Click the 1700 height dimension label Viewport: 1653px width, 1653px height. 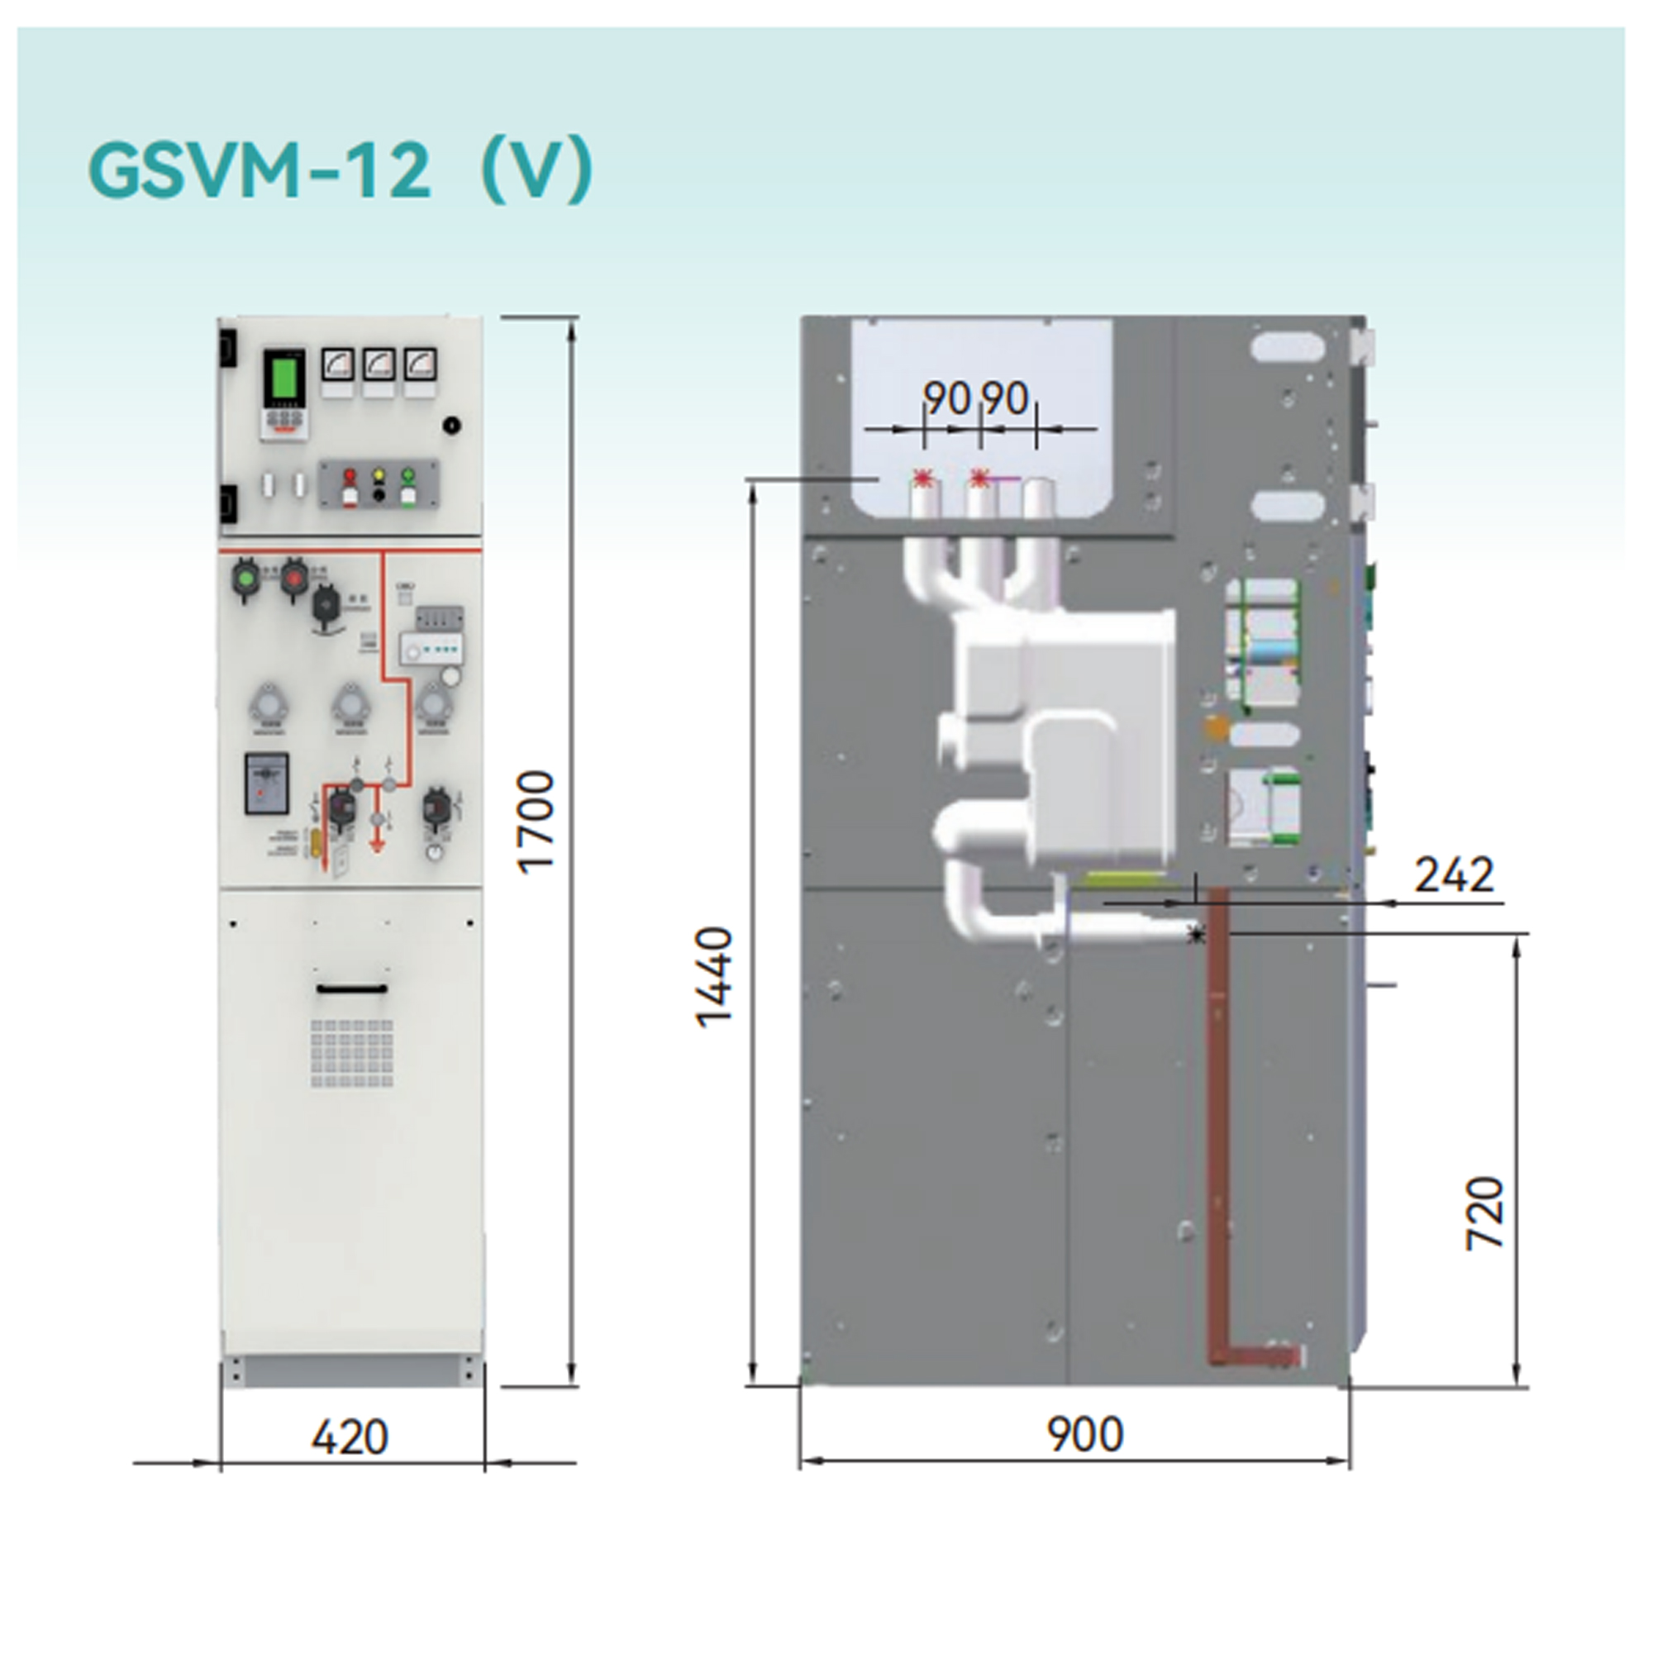point(537,822)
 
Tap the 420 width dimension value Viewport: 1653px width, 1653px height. point(349,1436)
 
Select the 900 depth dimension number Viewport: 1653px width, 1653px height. point(1084,1434)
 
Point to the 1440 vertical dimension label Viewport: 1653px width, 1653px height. point(713,976)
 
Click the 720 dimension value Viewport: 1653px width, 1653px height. point(1484,1212)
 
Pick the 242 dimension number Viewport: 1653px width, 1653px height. point(1454,874)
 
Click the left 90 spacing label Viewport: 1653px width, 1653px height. point(946,398)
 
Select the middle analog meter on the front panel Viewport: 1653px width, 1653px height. point(379,365)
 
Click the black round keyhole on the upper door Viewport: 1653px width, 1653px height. point(452,424)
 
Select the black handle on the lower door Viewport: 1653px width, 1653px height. point(351,989)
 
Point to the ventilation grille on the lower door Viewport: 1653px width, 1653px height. point(351,1053)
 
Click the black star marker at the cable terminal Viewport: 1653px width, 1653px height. point(1196,935)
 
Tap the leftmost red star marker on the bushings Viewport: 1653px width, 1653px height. point(922,479)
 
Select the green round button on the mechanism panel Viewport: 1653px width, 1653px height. point(246,578)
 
